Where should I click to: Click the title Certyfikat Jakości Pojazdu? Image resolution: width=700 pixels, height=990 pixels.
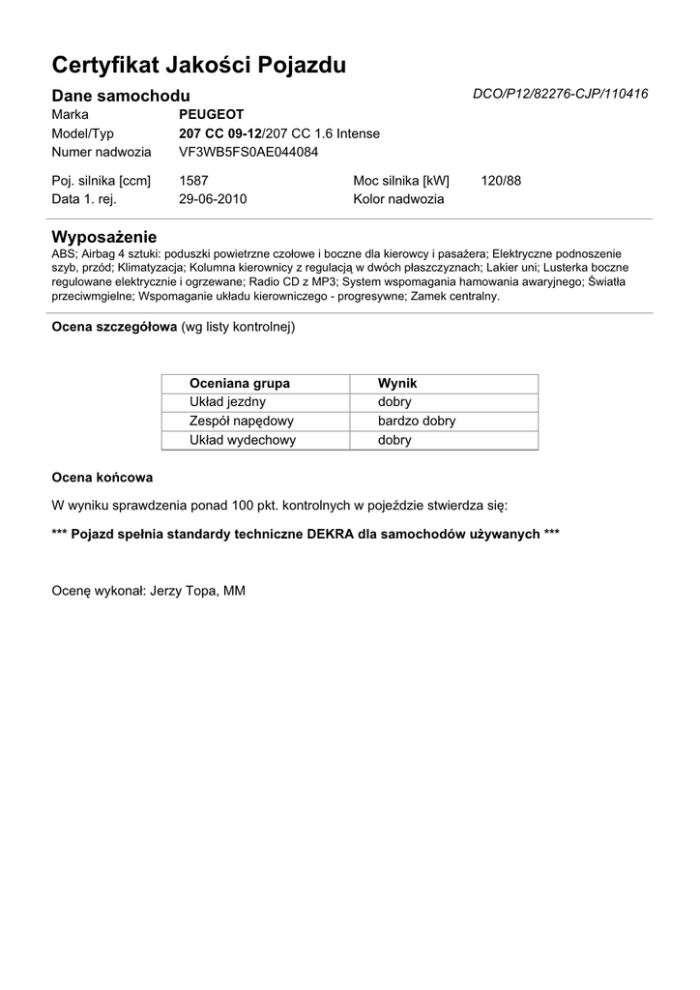pos(198,66)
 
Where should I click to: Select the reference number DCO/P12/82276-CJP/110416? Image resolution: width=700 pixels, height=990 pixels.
pos(560,94)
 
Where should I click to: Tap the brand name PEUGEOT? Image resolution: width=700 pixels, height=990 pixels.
pos(212,114)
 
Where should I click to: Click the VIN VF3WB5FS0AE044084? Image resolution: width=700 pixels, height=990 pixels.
pos(248,152)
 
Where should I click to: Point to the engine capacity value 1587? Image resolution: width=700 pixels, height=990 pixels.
pos(194,181)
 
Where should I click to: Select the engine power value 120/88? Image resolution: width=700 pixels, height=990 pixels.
pos(501,181)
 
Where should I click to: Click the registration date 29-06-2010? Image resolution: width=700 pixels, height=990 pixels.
pos(214,199)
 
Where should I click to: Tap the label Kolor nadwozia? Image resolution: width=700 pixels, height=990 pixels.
pos(398,199)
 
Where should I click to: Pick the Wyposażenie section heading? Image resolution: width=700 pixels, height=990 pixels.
pos(103,237)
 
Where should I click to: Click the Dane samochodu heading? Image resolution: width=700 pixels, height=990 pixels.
pos(121,95)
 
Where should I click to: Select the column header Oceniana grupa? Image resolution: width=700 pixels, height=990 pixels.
pos(240,383)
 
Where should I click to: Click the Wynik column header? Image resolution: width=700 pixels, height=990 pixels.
pos(397,383)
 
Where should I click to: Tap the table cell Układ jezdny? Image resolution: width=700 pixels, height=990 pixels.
pos(228,401)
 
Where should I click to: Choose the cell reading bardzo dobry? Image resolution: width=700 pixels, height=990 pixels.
pos(417,421)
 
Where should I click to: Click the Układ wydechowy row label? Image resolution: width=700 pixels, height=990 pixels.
pos(243,440)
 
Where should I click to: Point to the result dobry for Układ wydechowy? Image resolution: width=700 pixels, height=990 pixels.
pos(394,440)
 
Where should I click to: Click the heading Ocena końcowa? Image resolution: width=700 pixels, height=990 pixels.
pos(102,478)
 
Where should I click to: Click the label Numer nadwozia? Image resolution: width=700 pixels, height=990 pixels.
pos(102,152)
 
